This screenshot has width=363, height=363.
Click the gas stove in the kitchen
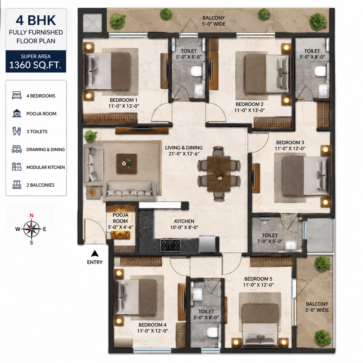pos(170,245)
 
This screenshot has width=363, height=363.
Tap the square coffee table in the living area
pos(126,163)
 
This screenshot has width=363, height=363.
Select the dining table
pos(219,173)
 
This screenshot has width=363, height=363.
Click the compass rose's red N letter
pos(32,215)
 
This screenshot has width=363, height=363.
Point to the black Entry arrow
pos(95,253)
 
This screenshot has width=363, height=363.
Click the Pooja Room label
pos(120,218)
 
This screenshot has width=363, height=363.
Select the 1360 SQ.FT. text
pos(35,65)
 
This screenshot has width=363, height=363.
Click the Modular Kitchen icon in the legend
pos(16,167)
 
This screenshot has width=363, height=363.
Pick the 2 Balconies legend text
pos(40,185)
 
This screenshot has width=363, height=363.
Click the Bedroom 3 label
pos(290,142)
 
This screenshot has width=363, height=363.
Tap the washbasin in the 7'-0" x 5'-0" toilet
pos(291,245)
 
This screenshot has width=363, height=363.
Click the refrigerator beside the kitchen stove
pos(207,244)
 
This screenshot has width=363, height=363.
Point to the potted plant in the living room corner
pos(90,136)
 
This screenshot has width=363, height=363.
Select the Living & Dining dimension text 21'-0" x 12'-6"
pos(184,154)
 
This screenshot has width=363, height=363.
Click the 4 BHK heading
pos(36,20)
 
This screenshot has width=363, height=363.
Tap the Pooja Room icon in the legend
pos(16,113)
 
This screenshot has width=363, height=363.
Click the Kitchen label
pos(184,221)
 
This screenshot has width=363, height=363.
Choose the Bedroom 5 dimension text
pos(258,285)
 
